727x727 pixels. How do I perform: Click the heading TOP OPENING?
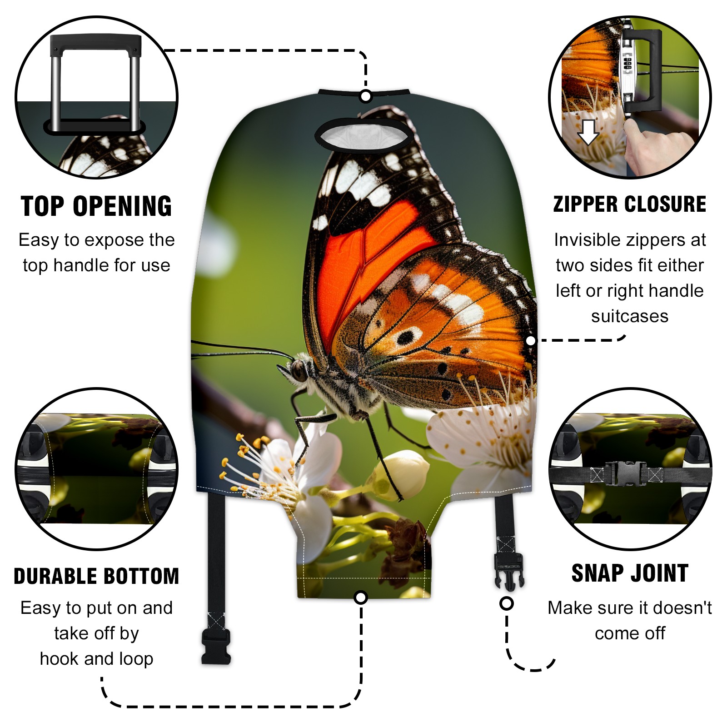tap(96, 206)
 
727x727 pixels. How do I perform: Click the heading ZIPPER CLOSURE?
tap(630, 204)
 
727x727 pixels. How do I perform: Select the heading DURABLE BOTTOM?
tap(96, 576)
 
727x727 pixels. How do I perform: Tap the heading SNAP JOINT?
tap(630, 573)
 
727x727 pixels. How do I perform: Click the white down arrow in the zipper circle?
tap(588, 132)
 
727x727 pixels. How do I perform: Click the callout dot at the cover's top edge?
tap(365, 96)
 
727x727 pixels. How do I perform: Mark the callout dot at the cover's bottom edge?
tap(361, 598)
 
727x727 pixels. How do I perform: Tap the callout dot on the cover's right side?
tap(530, 340)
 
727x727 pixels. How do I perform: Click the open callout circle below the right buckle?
tap(506, 604)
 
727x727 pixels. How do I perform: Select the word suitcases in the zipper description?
tap(630, 316)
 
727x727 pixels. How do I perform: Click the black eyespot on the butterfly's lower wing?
tap(405, 337)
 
